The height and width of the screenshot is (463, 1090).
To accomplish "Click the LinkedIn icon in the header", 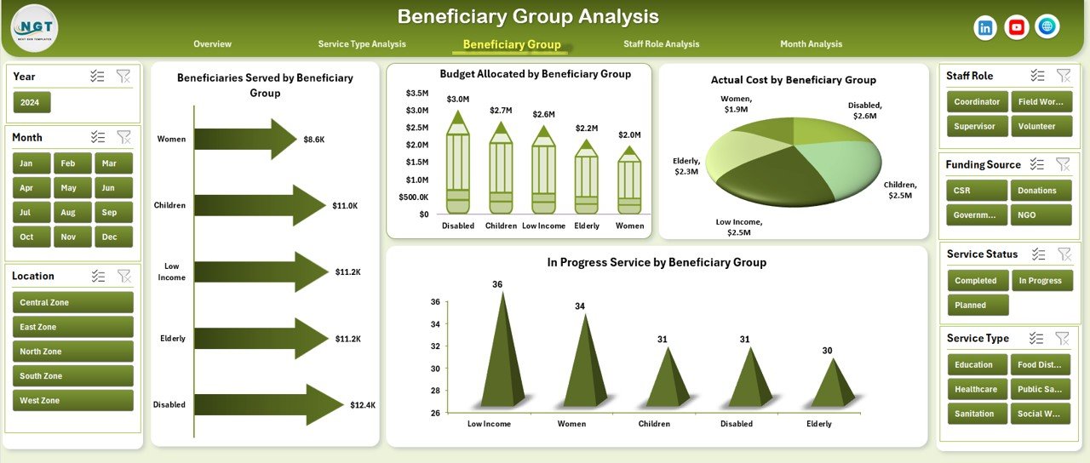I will pos(985,27).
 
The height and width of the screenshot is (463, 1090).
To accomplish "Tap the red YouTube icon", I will pos(1016,27).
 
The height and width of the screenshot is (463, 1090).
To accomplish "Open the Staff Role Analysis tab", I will pos(661,44).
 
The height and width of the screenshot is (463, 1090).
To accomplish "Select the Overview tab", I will pos(212,44).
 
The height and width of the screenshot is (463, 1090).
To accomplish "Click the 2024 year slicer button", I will pos(32,102).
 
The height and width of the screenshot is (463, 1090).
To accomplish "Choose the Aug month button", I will pos(69,212).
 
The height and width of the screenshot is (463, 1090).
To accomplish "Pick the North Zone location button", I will pos(73,352).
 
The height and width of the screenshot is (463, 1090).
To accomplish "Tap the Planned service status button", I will pos(977,305).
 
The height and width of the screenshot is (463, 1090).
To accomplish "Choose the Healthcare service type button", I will pos(977,389).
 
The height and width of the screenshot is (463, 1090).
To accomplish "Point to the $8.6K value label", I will pos(313,139).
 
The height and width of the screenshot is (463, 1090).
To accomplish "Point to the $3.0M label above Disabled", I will pos(458,99).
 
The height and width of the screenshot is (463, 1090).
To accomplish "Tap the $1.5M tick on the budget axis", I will pos(416,162).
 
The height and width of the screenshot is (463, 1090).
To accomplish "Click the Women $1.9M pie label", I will pos(736,104).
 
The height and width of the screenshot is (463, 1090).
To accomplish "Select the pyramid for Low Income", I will pos(500,353).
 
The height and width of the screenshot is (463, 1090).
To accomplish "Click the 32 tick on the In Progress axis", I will pos(434,346).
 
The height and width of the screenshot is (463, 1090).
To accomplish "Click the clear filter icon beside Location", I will pos(123,276).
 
